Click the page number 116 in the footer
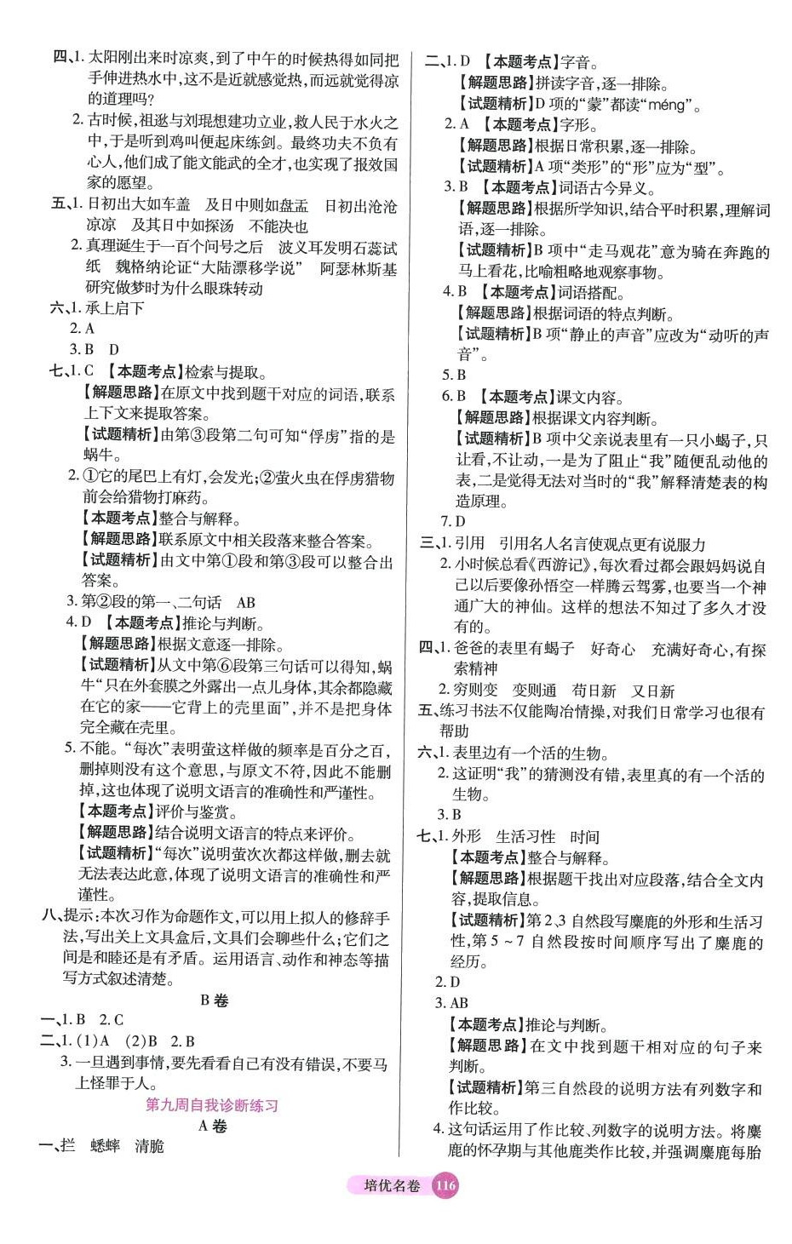445,1185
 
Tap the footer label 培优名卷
392,1186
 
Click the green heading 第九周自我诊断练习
212,1104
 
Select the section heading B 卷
214,1000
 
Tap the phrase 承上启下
114,308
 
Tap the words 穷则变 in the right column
475,691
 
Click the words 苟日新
594,691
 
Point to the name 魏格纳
138,268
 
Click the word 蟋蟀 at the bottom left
105,1146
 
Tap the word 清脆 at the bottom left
149,1146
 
